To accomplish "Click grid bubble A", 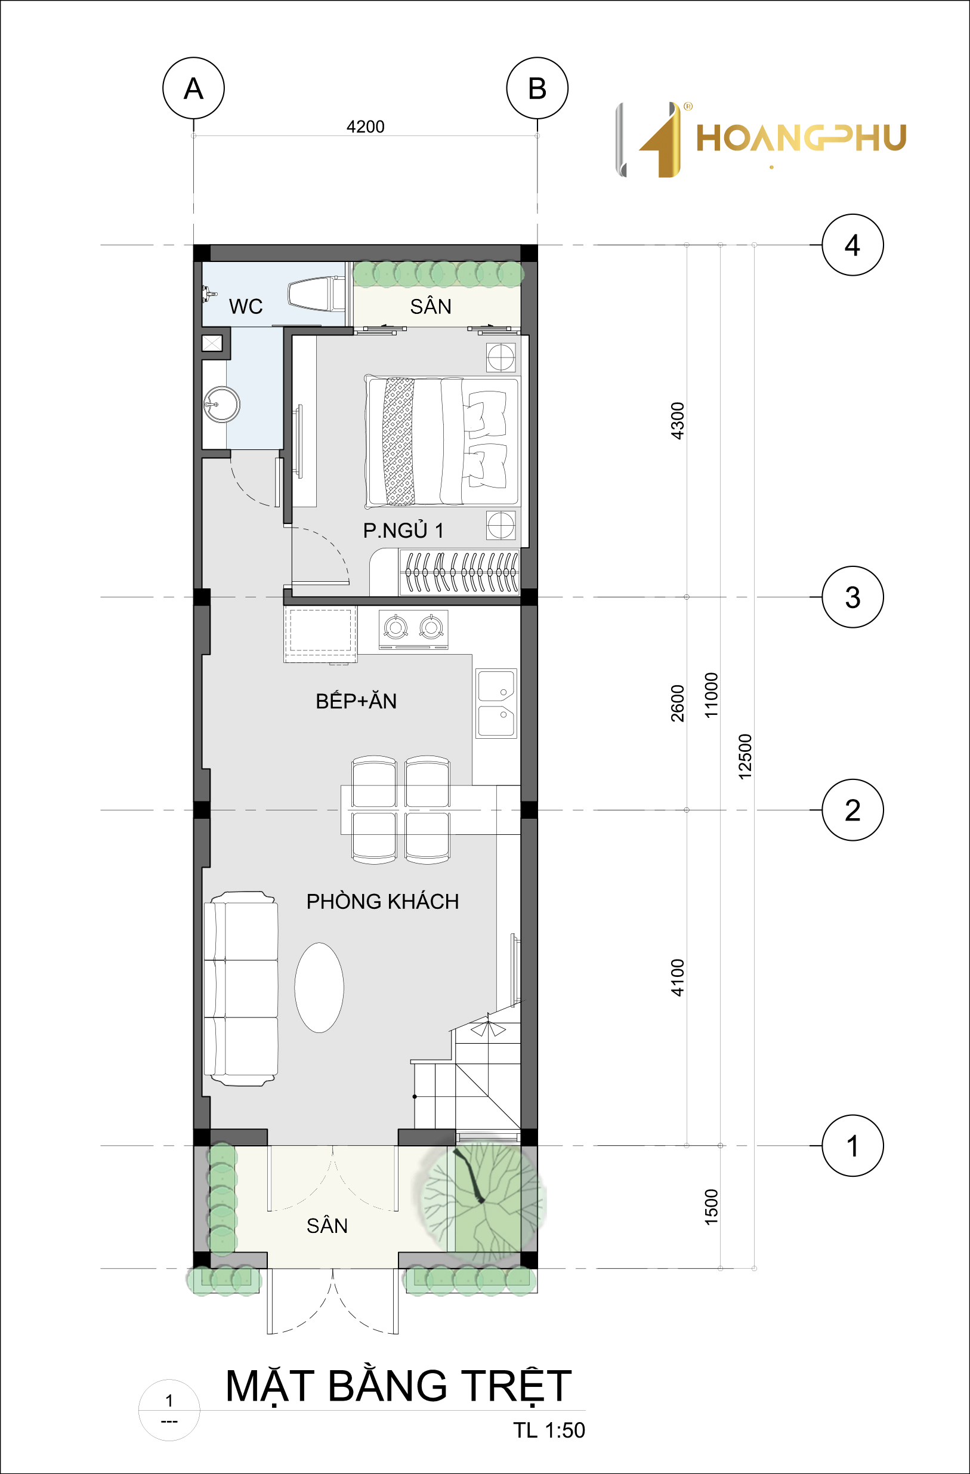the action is click(193, 88).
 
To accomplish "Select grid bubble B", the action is click(537, 88).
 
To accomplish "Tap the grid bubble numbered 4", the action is click(852, 245).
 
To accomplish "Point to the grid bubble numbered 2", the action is click(852, 809).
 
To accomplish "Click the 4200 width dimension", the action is click(365, 127).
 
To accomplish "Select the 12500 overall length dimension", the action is click(745, 756).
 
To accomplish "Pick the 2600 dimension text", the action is click(677, 703).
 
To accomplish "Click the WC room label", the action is click(246, 306).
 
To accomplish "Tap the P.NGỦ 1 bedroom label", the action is click(403, 530).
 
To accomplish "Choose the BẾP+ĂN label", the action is click(356, 701).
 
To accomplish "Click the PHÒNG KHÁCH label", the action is click(382, 901).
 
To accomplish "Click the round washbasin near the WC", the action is click(221, 405).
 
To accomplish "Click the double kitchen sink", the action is click(496, 703).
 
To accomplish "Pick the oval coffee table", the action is click(319, 987).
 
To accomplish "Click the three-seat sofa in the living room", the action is click(241, 988).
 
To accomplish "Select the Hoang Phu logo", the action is click(761, 140).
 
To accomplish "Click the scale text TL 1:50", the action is click(548, 1429).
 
